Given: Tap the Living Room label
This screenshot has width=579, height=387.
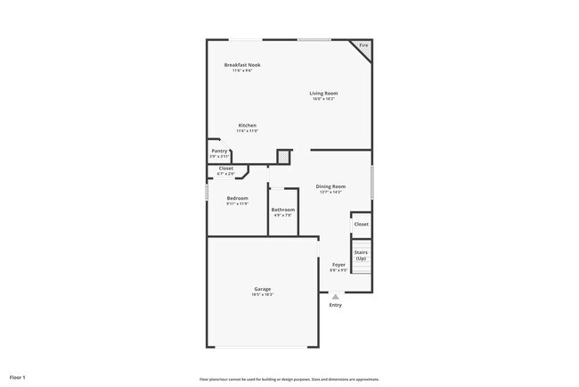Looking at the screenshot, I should click(323, 93).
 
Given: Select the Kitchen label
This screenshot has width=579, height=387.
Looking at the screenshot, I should click(247, 125).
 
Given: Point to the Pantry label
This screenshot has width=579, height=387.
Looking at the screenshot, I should click(219, 151).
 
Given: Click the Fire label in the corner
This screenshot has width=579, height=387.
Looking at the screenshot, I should click(363, 45).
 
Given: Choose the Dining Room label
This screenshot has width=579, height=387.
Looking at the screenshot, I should click(330, 186).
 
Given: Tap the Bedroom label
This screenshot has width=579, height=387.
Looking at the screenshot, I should click(237, 198).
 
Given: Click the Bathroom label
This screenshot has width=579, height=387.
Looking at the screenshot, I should click(283, 210).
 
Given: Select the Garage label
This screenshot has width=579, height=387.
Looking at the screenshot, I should click(263, 288).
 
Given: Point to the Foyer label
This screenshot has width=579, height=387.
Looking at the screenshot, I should click(338, 264).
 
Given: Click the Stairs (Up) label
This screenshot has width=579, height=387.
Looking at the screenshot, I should click(361, 255).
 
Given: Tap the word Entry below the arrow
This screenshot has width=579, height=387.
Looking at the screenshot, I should click(335, 305).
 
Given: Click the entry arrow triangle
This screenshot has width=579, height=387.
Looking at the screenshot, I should click(335, 297).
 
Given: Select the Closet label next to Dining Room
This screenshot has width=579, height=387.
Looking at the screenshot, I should click(361, 224).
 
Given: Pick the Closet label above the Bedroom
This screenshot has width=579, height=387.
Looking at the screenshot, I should click(225, 168).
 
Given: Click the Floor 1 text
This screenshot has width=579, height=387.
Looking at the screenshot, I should click(18, 378).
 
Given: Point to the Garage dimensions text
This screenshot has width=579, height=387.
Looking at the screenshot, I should click(263, 294).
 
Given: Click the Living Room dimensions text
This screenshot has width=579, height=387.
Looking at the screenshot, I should click(323, 99).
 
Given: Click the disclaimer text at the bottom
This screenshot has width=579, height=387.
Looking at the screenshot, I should click(289, 379).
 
